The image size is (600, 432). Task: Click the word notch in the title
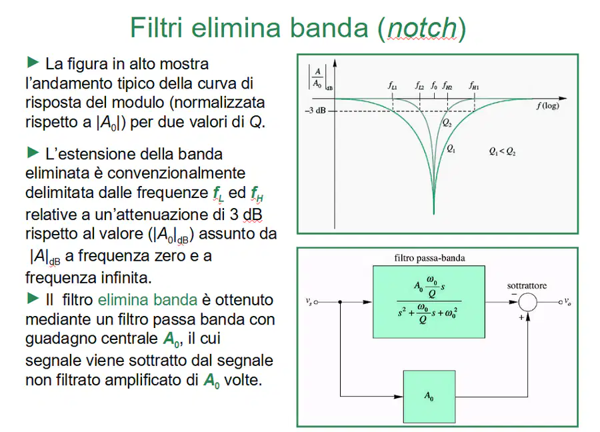[422, 28]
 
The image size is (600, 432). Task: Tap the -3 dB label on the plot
[315, 111]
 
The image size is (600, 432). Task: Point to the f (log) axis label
[547, 105]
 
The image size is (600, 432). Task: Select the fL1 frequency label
[393, 85]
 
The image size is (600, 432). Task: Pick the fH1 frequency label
[474, 85]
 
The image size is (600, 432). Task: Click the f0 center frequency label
[434, 85]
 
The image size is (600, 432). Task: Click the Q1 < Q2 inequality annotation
[502, 151]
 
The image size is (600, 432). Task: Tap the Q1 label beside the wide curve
[451, 149]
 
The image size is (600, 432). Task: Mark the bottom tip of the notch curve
[434, 214]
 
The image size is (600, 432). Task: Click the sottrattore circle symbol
[528, 302]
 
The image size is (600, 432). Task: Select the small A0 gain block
[429, 397]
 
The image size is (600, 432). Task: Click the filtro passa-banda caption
[429, 258]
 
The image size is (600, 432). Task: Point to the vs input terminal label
[309, 301]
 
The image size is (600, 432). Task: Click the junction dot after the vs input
[340, 302]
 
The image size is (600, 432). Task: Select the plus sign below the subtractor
[521, 317]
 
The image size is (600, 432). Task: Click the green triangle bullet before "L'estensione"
[33, 153]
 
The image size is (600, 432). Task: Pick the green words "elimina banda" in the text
[148, 300]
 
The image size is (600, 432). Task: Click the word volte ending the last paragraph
[243, 380]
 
